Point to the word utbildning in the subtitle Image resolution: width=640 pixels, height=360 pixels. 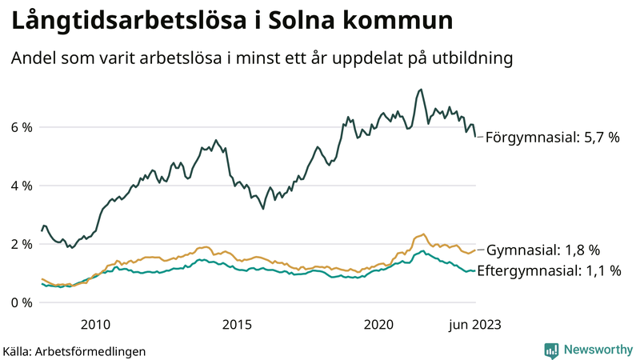pos(471,59)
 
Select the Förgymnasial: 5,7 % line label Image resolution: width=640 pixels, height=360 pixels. pos(552,137)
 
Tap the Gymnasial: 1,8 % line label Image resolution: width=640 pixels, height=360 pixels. pos(543,250)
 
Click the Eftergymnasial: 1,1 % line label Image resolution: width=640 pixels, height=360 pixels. pos(549,270)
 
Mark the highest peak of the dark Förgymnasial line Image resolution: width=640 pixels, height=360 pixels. pos(421,90)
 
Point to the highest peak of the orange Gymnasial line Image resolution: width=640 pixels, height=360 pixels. pos(422,234)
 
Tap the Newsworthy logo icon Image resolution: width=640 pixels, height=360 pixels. pos(551,350)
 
